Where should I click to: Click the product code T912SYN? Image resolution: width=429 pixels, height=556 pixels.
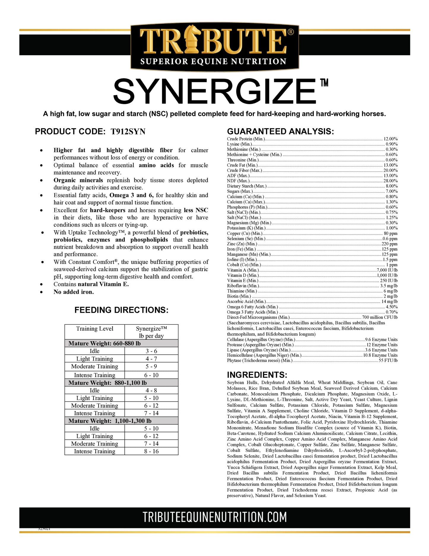128,132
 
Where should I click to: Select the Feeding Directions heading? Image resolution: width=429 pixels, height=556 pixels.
121,310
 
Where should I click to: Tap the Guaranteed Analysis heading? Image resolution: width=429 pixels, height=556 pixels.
280,131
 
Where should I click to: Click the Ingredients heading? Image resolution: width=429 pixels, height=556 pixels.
257,375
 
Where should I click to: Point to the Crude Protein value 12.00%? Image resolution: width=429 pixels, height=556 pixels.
390,139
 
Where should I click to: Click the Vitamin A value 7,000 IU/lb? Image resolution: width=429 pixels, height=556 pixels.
387,270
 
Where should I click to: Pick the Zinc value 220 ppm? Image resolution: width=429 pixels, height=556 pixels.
389,244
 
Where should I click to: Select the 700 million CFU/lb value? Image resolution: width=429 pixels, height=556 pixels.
380,317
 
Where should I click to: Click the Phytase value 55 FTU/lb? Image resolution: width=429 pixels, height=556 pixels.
388,360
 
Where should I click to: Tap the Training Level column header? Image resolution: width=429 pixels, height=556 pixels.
95,329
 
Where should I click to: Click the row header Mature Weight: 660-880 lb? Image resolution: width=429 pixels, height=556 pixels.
105,343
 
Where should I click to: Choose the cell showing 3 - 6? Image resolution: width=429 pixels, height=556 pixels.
151,351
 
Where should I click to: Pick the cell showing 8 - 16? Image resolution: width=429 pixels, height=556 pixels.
151,451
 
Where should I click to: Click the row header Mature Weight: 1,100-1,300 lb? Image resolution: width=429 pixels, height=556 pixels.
110,421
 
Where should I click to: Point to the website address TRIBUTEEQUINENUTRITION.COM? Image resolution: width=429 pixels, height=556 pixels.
214,517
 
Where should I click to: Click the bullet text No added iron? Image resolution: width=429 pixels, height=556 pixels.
74,292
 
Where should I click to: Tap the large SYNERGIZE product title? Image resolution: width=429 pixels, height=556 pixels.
214,91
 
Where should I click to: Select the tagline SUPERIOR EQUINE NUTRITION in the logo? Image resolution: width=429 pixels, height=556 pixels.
213,62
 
